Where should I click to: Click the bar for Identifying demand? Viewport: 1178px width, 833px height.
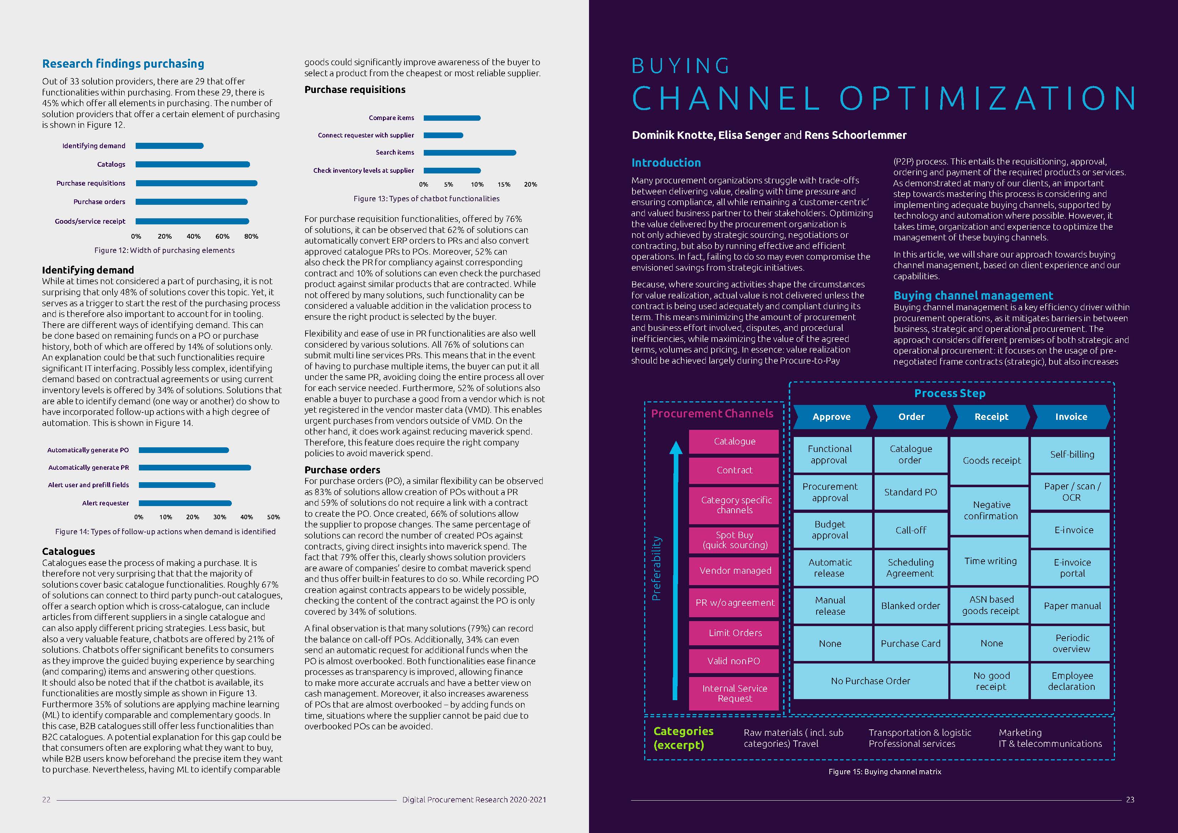pyautogui.click(x=169, y=146)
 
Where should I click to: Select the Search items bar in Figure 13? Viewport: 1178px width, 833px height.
pyautogui.click(x=469, y=152)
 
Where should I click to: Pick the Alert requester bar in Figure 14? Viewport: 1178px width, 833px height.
pyautogui.click(x=185, y=503)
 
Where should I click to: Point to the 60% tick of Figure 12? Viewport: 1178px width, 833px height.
pyautogui.click(x=222, y=236)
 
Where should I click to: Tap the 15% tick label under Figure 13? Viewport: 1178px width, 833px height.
pyautogui.click(x=503, y=184)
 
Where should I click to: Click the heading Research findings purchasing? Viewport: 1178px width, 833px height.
pyautogui.click(x=123, y=64)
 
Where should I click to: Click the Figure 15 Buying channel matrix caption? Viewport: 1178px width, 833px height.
pyautogui.click(x=885, y=771)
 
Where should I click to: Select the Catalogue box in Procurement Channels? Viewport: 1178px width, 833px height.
pyautogui.click(x=734, y=441)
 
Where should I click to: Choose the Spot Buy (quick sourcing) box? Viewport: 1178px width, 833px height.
pyautogui.click(x=735, y=540)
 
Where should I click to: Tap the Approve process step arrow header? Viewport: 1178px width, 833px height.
pyautogui.click(x=831, y=417)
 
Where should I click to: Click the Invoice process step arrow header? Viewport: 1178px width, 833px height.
pyautogui.click(x=1071, y=417)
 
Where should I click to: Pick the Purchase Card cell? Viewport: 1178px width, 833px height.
pyautogui.click(x=910, y=644)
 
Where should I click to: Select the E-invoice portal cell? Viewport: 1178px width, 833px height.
pyautogui.click(x=1072, y=568)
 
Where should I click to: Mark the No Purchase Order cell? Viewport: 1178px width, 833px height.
pyautogui.click(x=870, y=681)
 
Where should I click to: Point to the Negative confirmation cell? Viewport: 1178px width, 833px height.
pyautogui.click(x=991, y=511)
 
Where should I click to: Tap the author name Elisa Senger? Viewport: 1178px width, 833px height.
pyautogui.click(x=749, y=135)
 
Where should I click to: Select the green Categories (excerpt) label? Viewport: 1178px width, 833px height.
pyautogui.click(x=683, y=738)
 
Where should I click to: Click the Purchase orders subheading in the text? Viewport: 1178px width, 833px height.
pyautogui.click(x=342, y=470)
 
